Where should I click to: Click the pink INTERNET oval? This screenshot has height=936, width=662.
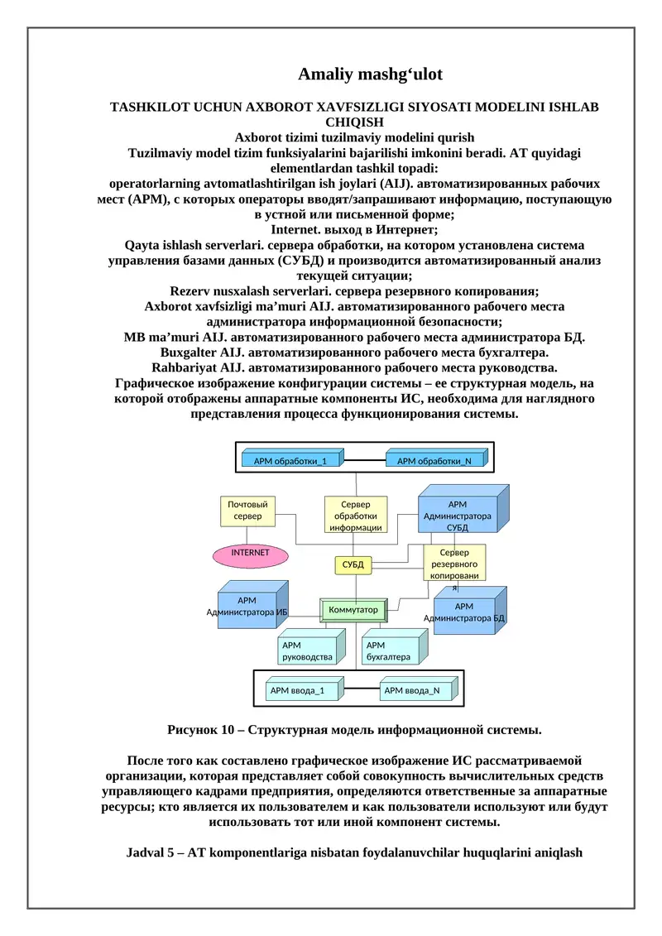point(250,554)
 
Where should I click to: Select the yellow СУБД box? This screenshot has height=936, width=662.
point(353,564)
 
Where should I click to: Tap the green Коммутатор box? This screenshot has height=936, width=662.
point(353,610)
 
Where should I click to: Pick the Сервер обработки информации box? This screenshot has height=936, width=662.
point(355,515)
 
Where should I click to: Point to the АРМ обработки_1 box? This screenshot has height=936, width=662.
point(290,460)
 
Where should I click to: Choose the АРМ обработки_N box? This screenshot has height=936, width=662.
point(435,460)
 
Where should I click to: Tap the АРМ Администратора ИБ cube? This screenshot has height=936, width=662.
point(247,607)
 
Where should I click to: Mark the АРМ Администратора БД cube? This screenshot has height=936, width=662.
point(464,612)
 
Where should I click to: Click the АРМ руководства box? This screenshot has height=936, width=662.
point(307,650)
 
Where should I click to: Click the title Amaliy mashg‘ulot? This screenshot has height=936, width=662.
point(370,74)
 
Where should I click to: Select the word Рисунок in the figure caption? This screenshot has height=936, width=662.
point(192,730)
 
